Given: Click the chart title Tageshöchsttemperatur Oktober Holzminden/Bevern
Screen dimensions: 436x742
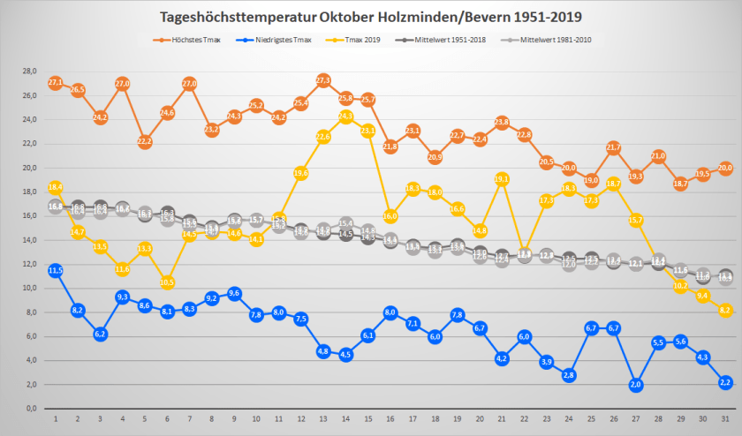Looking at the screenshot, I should (x=371, y=17).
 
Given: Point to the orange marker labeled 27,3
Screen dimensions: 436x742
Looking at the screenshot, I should (x=323, y=80).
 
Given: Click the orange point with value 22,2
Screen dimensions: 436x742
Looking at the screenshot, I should (x=145, y=141).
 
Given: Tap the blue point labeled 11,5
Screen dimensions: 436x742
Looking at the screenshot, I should (x=56, y=270).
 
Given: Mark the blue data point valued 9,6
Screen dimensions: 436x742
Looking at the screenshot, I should (x=234, y=293).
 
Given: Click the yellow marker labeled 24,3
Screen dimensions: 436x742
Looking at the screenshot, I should (x=345, y=116).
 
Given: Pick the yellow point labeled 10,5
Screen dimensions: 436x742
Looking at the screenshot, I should (x=167, y=282).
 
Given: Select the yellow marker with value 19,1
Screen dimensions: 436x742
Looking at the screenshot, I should (x=502, y=179).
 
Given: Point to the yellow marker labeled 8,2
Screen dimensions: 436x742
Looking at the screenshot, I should (x=724, y=310).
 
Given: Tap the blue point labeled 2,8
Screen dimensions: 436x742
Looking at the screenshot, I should (x=569, y=375).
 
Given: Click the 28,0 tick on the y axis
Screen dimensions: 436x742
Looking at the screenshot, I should (x=29, y=71).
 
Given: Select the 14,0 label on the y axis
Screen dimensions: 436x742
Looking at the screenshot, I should (x=29, y=240).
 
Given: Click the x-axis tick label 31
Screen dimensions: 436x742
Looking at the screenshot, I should (x=724, y=419).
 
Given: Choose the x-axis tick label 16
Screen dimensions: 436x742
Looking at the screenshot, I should (x=390, y=419).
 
